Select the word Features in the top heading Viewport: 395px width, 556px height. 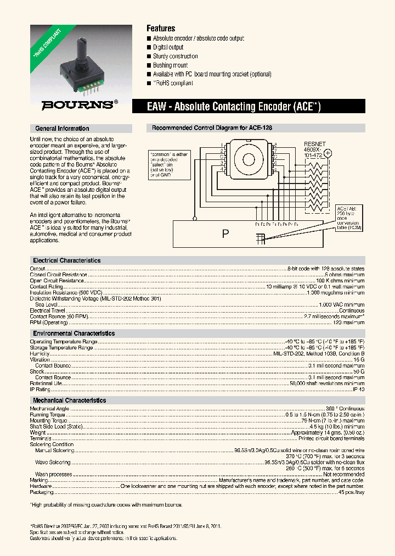tap(161, 28)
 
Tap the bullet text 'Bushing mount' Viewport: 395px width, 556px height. tap(170, 65)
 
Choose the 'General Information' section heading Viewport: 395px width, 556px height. tap(62, 129)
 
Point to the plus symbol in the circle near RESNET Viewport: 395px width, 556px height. tap(328, 153)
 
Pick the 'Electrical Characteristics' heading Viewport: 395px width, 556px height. tap(67, 260)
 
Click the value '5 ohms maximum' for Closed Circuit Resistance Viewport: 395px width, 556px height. tap(344, 275)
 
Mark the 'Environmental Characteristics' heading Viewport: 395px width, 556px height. tap(74, 333)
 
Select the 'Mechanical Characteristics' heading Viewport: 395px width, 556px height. tap(70, 401)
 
